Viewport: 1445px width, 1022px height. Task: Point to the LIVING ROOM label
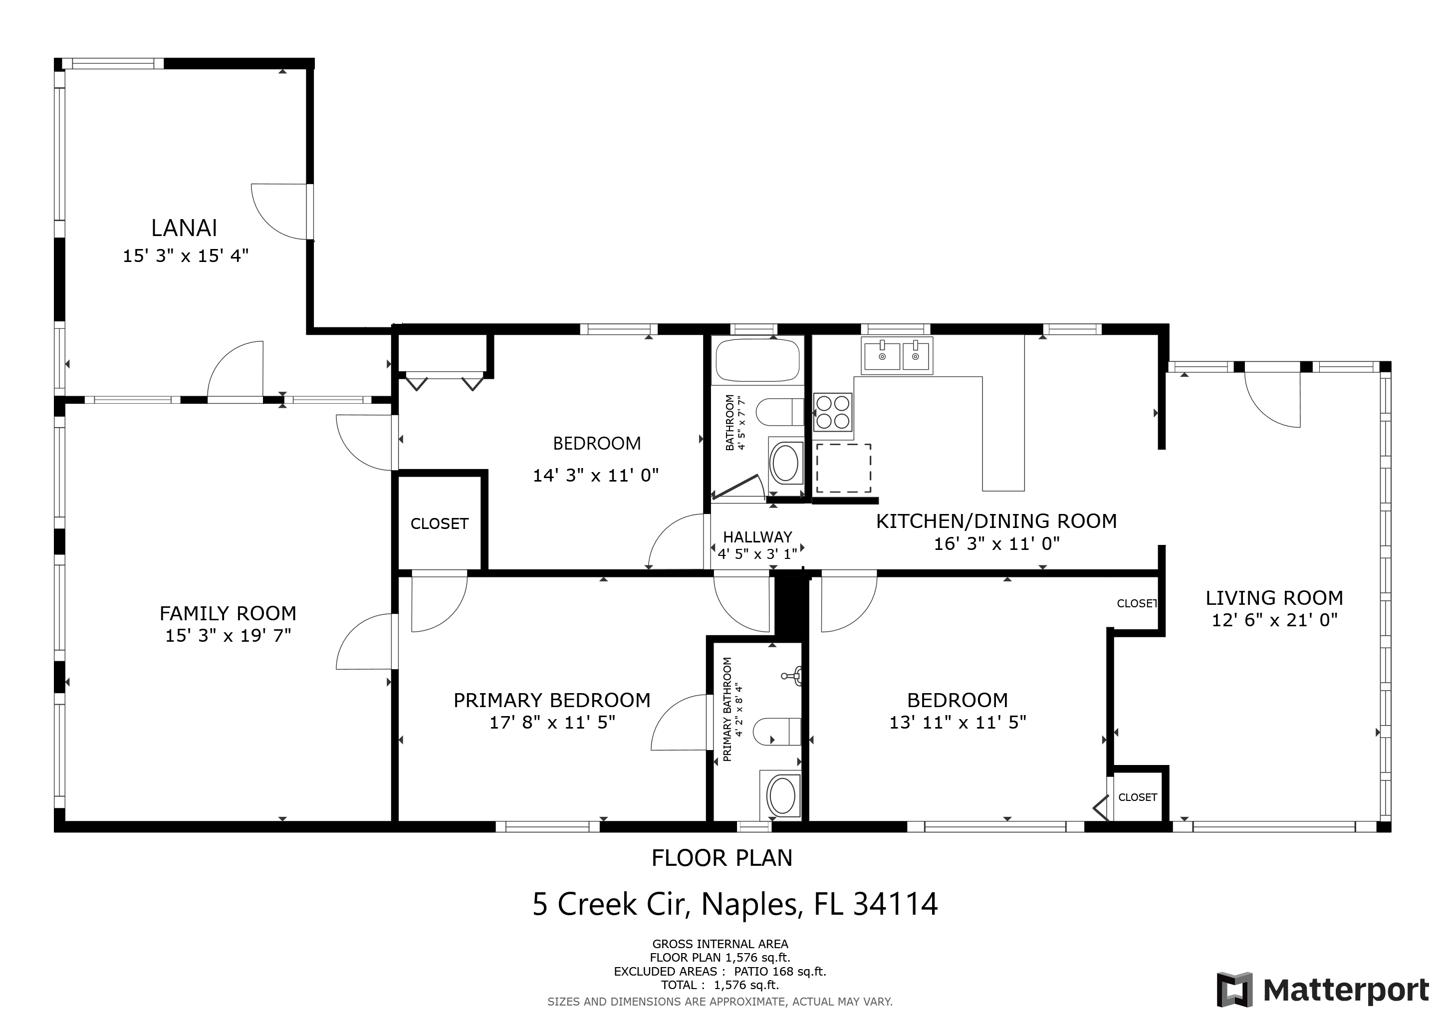[x=1274, y=597]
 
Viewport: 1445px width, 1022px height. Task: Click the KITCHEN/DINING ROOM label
[x=996, y=520]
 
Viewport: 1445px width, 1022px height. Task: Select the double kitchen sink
[x=897, y=356]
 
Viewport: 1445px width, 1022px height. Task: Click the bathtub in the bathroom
[x=758, y=360]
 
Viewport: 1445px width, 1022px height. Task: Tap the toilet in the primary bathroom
[x=777, y=731]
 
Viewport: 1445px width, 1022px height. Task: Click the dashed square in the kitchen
[x=843, y=468]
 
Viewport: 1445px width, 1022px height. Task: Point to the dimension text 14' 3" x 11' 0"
[x=595, y=475]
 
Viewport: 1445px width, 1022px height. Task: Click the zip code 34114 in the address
[x=896, y=904]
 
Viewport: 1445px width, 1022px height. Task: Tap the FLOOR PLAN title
[x=722, y=858]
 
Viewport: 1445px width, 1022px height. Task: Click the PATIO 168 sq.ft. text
[x=780, y=971]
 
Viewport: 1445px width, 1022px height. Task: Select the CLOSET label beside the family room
[x=439, y=523]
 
